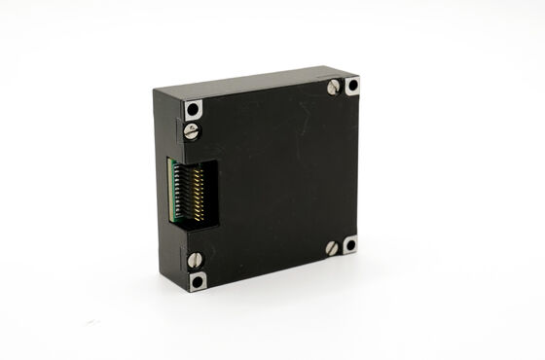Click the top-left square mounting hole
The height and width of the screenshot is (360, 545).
pyautogui.click(x=194, y=108)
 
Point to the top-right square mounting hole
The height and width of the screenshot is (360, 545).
pyautogui.click(x=351, y=85)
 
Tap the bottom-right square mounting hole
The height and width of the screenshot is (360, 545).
pyautogui.click(x=349, y=243)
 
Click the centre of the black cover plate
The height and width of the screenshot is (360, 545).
pyautogui.click(x=272, y=180)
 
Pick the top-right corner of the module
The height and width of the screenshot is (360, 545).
pyautogui.click(x=359, y=76)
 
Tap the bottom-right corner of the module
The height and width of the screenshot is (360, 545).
pyautogui.click(x=357, y=252)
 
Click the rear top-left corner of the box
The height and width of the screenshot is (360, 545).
pyautogui.click(x=154, y=90)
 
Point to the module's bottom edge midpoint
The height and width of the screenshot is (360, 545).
pyautogui.click(x=274, y=271)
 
